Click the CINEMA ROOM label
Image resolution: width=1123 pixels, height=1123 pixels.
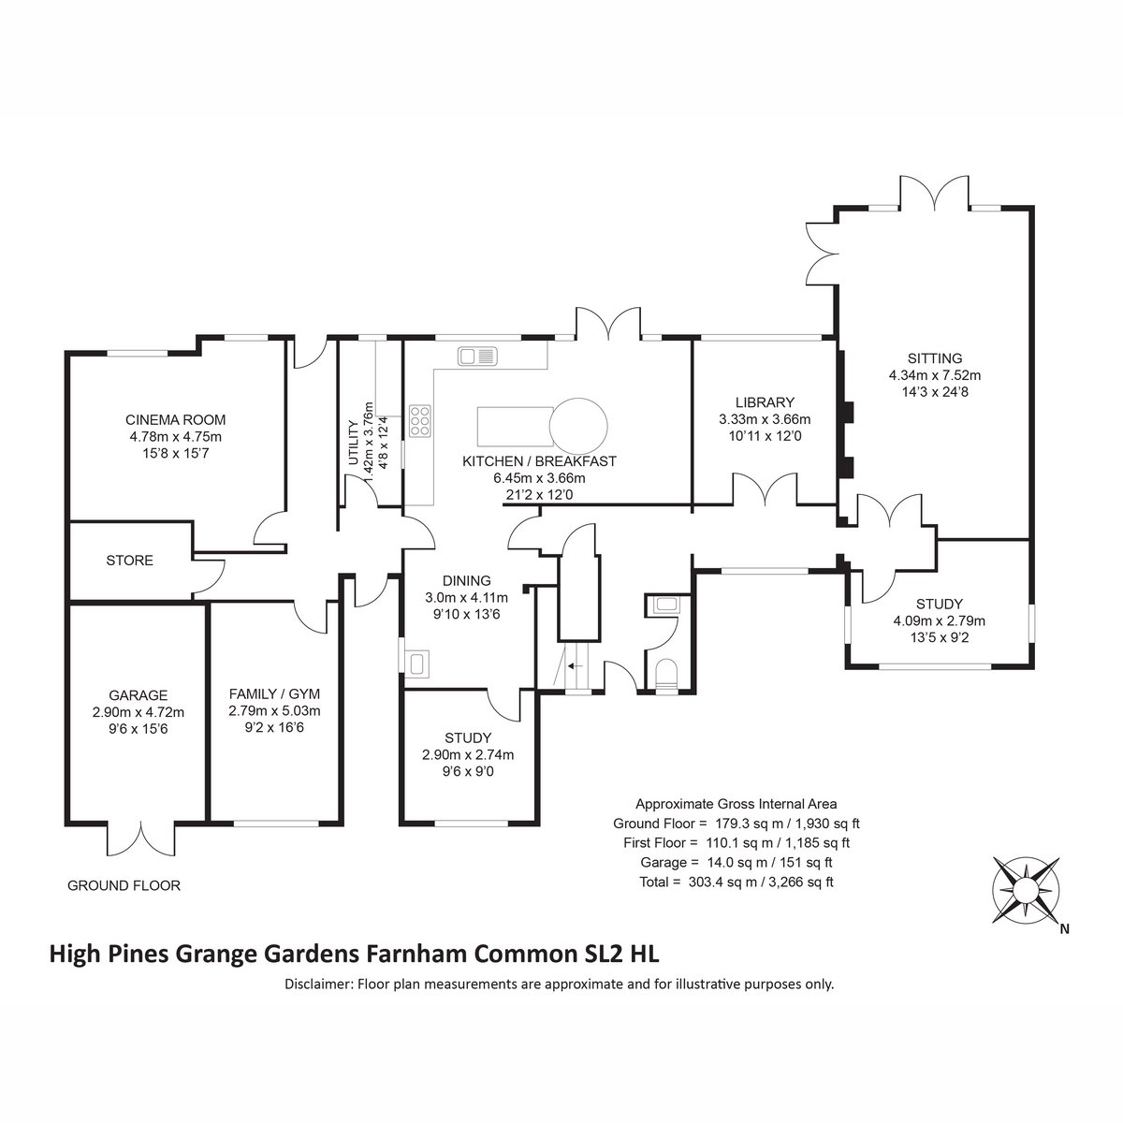175,419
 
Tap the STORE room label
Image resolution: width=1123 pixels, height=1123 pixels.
129,561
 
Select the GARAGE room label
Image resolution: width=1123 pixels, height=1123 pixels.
139,695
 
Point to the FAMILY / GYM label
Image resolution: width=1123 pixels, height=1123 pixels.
274,694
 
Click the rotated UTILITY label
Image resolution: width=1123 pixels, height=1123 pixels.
353,443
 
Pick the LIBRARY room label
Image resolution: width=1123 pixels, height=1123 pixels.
765,402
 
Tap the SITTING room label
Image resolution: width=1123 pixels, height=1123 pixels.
935,358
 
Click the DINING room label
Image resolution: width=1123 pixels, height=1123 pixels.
467,580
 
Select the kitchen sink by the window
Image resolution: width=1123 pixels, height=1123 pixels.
477,356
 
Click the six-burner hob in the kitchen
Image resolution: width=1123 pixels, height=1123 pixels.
420,420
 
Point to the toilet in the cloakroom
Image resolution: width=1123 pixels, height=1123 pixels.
665,675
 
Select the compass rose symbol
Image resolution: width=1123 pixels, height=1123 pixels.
1026,891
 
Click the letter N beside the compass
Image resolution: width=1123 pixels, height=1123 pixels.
1065,929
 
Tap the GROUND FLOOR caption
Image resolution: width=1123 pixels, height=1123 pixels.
124,886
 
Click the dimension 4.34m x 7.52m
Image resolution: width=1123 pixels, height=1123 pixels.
935,375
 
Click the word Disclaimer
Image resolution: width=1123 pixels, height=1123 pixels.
317,984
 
